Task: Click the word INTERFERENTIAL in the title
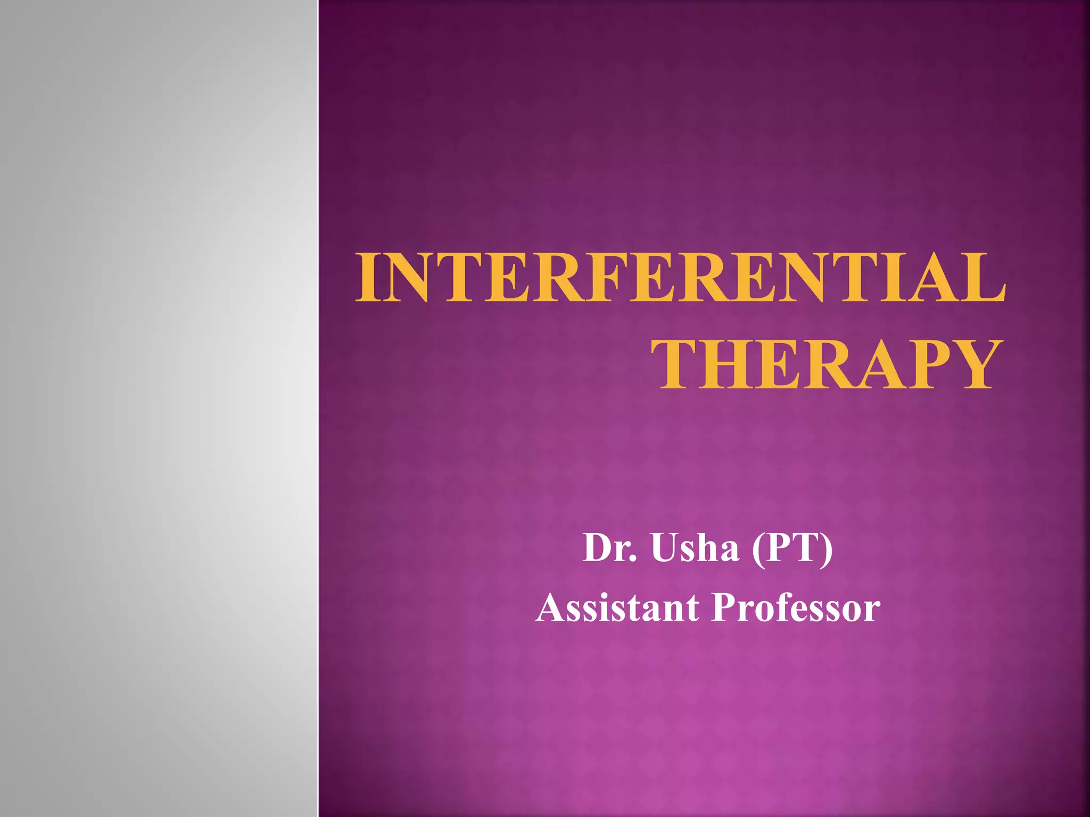tap(680, 278)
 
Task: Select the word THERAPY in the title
tap(827, 365)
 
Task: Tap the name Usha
tap(695, 547)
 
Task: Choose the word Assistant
tap(617, 608)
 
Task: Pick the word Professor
tap(796, 608)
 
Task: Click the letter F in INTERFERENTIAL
tap(616, 278)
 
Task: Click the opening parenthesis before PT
tap(758, 549)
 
